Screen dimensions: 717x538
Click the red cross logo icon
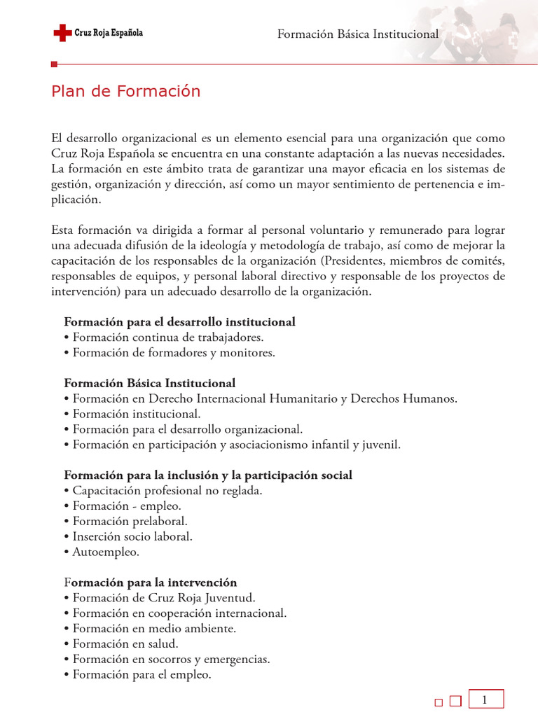tap(62, 32)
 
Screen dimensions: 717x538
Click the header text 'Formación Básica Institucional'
tap(358, 34)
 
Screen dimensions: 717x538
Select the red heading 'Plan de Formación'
tap(125, 91)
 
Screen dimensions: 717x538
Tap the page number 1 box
tap(484, 699)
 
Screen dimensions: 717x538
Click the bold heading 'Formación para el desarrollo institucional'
tap(179, 322)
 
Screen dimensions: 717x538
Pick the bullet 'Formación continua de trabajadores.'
tap(163, 337)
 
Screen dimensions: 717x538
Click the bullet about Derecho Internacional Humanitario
tap(260, 399)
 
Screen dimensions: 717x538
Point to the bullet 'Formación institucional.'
tap(132, 415)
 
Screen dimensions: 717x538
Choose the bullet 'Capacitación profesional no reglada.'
tap(163, 491)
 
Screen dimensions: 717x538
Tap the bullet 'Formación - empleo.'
tap(123, 506)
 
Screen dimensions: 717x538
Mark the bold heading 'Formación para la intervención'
tap(151, 583)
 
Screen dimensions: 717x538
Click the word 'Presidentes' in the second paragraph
tap(352, 261)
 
